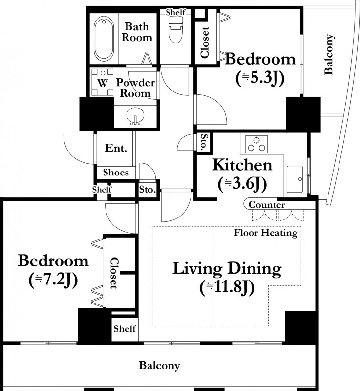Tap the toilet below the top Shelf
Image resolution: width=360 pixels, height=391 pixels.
[x=176, y=30]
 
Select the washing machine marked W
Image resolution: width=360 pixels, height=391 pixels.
[x=102, y=82]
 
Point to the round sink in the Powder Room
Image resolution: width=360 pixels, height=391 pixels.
[x=135, y=116]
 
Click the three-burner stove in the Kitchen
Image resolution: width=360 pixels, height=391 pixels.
[x=256, y=144]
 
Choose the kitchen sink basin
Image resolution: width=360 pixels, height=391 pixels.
[x=295, y=179]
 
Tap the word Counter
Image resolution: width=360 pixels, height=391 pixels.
[x=267, y=205]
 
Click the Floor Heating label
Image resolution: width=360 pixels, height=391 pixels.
[x=266, y=233]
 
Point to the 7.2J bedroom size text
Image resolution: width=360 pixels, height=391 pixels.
[x=53, y=280]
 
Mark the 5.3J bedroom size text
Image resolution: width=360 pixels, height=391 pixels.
[x=260, y=78]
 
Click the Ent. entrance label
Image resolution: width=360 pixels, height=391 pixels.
[x=116, y=148]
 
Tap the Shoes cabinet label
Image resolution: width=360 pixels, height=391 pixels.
[x=116, y=173]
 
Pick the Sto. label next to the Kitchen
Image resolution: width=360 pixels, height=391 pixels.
[x=204, y=142]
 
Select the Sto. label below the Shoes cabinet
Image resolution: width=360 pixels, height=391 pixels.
[x=148, y=190]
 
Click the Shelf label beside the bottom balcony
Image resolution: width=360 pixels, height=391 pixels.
[x=125, y=328]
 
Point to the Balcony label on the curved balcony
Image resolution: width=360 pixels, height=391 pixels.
[x=329, y=54]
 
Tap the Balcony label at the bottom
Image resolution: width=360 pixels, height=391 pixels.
[x=159, y=366]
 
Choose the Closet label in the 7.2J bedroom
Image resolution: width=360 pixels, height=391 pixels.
[x=114, y=273]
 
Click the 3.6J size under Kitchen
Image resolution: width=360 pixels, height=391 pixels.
[x=242, y=184]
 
